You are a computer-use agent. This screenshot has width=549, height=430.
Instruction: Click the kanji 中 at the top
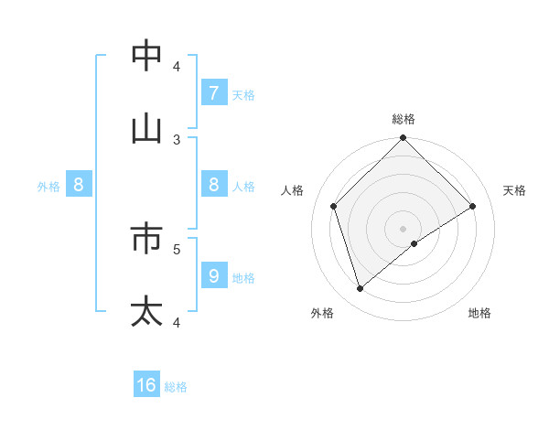(147, 56)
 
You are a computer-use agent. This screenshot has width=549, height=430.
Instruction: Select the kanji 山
(147, 129)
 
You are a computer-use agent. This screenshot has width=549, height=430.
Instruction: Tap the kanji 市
(147, 239)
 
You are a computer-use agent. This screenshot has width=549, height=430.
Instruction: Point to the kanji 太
(147, 311)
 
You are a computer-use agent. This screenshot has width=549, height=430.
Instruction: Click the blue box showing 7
(213, 93)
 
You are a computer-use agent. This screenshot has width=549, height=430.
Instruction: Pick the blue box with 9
(213, 275)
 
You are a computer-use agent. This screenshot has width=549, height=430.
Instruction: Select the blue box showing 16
(147, 385)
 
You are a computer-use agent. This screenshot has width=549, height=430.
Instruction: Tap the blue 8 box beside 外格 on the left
(79, 185)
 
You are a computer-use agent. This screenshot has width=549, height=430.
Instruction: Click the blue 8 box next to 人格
(213, 185)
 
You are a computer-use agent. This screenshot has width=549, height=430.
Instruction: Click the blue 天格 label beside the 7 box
(243, 94)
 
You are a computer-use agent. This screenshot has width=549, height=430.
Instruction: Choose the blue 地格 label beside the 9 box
(243, 277)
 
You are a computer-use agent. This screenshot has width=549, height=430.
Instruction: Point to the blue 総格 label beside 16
(176, 387)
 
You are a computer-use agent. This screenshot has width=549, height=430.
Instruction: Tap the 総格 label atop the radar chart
(404, 119)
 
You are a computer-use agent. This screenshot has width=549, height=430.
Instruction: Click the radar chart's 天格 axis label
(515, 190)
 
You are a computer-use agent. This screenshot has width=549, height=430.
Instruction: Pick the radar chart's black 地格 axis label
(479, 313)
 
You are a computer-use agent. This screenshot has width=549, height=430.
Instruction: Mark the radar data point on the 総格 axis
(404, 138)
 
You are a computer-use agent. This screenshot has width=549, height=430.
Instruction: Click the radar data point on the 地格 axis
(414, 243)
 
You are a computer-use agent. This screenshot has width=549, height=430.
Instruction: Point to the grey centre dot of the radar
(404, 228)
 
